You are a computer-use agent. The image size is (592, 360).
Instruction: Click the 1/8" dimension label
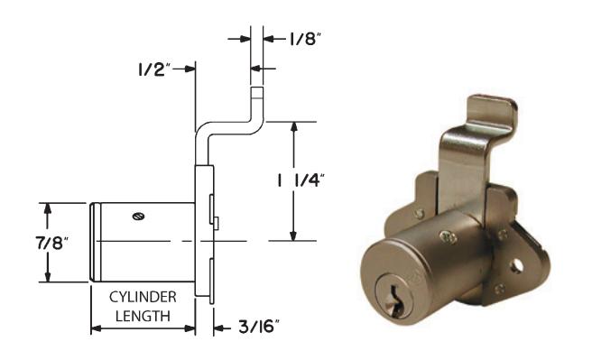305,39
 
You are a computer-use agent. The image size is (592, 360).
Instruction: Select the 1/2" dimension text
154,69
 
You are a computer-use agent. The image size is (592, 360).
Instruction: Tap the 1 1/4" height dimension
301,181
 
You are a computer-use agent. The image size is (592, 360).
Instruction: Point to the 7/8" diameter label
52,244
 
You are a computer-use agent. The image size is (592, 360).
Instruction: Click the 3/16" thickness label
259,327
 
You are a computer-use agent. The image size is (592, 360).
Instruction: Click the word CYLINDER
143,298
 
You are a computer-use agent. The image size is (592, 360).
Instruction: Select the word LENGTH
143,316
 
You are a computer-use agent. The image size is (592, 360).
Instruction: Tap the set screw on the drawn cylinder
139,217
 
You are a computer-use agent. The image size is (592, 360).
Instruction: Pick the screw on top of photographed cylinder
449,236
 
